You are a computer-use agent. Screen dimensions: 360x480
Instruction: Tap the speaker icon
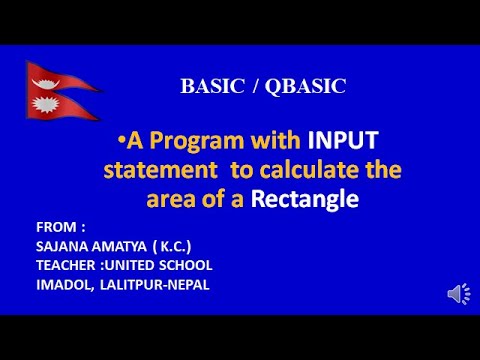pos(457,294)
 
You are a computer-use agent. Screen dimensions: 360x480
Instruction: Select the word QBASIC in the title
pos(306,87)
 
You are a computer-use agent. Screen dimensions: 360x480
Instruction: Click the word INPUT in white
pos(344,140)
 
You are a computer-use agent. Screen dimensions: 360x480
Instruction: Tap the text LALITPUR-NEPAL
pos(152,284)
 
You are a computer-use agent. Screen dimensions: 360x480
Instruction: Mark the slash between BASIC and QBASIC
pos(257,87)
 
